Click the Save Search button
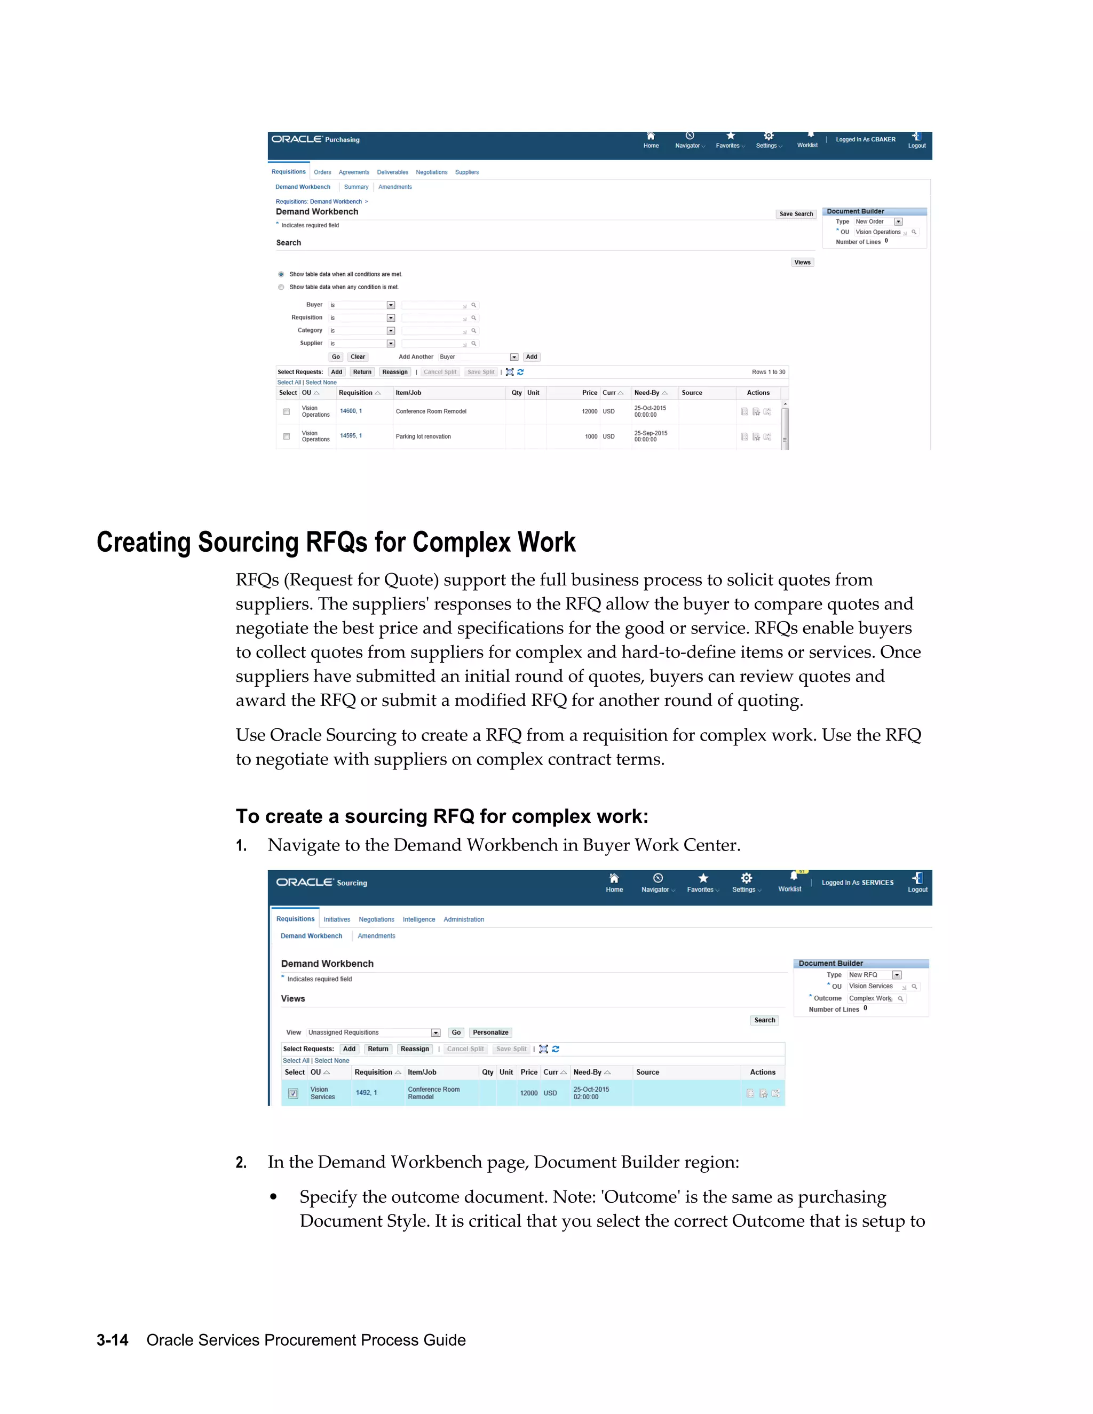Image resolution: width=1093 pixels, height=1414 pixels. tap(795, 213)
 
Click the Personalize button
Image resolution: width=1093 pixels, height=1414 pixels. tap(490, 1032)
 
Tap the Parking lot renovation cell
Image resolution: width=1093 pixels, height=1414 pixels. tap(423, 436)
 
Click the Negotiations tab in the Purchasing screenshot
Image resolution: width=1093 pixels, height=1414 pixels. tap(431, 172)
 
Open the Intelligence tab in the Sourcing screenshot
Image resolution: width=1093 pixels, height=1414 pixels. tap(418, 919)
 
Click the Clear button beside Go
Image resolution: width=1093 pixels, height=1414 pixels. tap(358, 357)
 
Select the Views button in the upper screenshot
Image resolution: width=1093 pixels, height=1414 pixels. tap(802, 262)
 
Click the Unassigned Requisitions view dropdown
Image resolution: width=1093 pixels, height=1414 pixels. tap(374, 1032)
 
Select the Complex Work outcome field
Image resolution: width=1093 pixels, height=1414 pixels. tap(871, 998)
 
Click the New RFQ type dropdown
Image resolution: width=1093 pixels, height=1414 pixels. tap(874, 975)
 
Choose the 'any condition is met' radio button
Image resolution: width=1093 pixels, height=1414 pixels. tap(281, 288)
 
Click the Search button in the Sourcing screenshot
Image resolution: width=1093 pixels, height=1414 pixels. tap(764, 1020)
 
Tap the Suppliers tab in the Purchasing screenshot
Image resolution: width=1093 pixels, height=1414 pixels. tap(467, 172)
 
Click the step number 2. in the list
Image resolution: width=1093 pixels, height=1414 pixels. tap(241, 1163)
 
